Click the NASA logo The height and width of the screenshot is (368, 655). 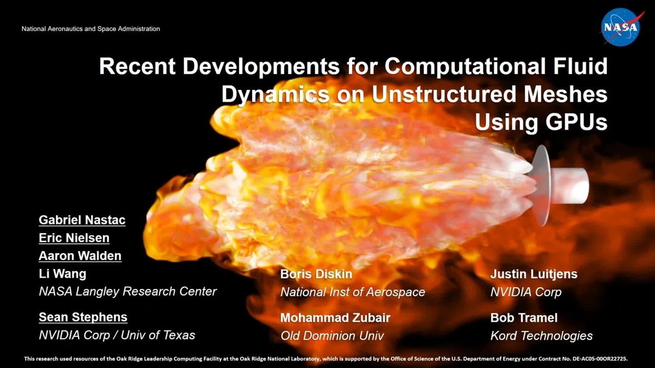click(x=620, y=28)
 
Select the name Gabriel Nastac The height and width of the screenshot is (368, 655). click(x=82, y=221)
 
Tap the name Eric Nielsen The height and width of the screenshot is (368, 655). click(x=74, y=238)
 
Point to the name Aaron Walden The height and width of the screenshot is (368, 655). click(x=80, y=256)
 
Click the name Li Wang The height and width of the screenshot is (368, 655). click(x=62, y=274)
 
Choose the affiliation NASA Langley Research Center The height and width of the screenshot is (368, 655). click(x=128, y=292)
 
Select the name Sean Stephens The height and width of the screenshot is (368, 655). click(x=83, y=317)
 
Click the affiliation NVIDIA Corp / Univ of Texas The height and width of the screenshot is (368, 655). click(x=117, y=335)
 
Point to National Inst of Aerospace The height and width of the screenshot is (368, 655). click(x=352, y=292)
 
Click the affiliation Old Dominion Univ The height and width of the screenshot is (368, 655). click(x=332, y=336)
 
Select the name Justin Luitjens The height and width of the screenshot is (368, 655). click(x=533, y=274)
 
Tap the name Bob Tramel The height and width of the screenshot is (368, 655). click(x=523, y=318)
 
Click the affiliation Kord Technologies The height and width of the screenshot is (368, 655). click(x=541, y=336)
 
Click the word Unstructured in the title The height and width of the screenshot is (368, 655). click(x=444, y=95)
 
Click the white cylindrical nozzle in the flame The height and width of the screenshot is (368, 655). click(x=571, y=183)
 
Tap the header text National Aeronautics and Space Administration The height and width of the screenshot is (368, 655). click(x=91, y=29)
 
